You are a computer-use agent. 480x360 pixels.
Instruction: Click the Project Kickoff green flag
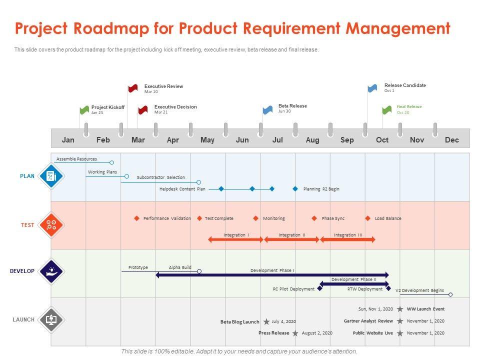84,109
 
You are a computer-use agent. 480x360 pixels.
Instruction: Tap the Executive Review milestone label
163,86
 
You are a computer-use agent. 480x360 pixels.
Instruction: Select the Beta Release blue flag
268,109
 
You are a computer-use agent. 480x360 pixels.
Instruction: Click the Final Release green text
409,106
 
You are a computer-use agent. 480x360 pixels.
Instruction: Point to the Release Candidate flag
372,88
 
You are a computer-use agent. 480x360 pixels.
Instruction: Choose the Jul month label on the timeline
277,140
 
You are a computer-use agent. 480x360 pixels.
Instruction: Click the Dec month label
451,140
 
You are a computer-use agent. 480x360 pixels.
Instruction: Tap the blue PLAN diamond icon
51,176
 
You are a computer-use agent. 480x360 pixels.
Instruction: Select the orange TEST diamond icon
51,224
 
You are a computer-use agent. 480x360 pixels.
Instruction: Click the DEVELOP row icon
51,271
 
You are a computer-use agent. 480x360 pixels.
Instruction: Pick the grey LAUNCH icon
51,319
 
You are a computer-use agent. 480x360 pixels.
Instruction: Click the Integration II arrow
291,240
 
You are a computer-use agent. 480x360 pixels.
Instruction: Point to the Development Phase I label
272,270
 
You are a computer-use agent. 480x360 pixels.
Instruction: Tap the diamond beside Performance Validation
136,218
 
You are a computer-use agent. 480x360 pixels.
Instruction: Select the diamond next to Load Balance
368,218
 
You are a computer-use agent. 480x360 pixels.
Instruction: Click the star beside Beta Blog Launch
266,321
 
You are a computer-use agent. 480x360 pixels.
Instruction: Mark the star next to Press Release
295,333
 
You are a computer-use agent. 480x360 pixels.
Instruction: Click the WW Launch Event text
425,309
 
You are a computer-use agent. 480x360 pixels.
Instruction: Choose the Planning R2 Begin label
321,189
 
